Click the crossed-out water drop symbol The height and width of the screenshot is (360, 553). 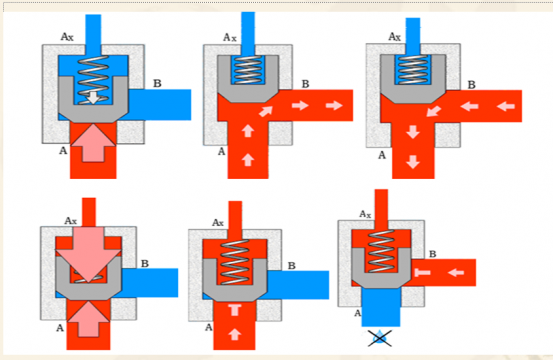[x=379, y=338]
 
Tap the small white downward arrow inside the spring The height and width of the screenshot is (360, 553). [x=93, y=98]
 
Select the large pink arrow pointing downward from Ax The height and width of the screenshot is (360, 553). [x=89, y=255]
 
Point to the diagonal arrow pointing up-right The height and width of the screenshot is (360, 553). [x=266, y=111]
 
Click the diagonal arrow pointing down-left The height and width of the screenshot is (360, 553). [x=434, y=111]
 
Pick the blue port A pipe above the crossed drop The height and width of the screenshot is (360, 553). [x=381, y=307]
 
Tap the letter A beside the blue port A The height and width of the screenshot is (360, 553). [x=357, y=313]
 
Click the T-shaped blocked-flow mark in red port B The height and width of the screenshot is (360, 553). [x=423, y=272]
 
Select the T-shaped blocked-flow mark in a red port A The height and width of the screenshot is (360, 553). [x=235, y=310]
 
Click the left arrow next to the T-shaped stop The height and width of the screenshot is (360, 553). [x=456, y=272]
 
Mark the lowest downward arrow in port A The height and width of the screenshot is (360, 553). [x=413, y=162]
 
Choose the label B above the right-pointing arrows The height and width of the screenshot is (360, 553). [x=305, y=84]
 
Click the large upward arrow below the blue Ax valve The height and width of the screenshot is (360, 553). [x=93, y=142]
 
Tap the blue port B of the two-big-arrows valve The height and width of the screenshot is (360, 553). [x=150, y=282]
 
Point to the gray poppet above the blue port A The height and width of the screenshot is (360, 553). [x=381, y=268]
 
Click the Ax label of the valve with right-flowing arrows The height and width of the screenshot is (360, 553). [x=230, y=37]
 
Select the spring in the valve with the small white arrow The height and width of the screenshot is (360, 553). [x=93, y=80]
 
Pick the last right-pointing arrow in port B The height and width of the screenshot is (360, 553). [x=334, y=105]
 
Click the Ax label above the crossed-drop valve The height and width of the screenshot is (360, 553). [x=365, y=214]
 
